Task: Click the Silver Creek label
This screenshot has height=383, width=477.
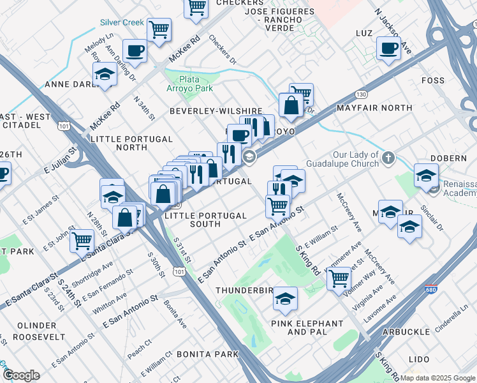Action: (122, 22)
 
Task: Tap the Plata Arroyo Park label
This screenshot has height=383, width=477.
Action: (196, 84)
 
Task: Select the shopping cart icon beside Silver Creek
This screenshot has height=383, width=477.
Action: (159, 29)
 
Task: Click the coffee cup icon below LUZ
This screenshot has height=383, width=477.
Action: (388, 48)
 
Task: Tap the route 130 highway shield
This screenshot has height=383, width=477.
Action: (362, 94)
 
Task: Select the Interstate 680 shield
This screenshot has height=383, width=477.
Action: (432, 289)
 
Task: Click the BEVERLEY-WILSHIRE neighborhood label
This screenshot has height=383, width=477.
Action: (216, 110)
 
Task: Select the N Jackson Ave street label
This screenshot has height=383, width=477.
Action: (393, 31)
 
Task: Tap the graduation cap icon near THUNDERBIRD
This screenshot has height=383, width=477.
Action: (286, 298)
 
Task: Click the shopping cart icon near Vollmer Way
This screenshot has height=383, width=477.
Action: (339, 278)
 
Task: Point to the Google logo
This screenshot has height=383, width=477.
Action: (22, 375)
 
